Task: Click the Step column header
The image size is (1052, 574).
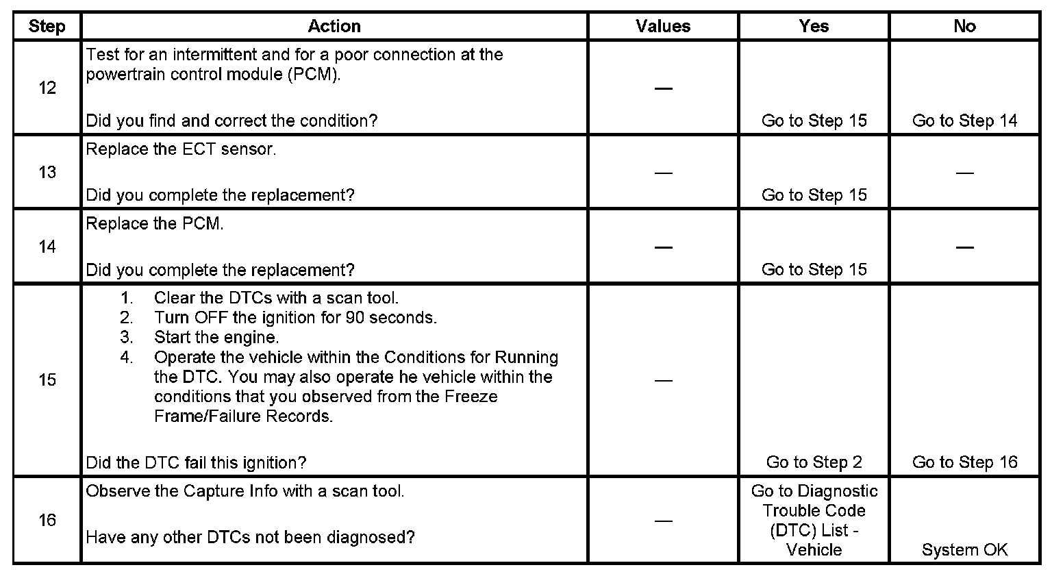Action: pyautogui.click(x=47, y=27)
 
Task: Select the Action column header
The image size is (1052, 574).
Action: pyautogui.click(x=334, y=27)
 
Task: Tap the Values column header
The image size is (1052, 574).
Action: pyautogui.click(x=663, y=27)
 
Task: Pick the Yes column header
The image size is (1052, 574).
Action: pyautogui.click(x=814, y=27)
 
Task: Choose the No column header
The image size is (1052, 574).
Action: pyautogui.click(x=964, y=27)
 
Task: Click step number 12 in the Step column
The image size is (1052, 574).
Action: pyautogui.click(x=47, y=88)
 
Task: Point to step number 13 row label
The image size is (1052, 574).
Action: pyautogui.click(x=47, y=172)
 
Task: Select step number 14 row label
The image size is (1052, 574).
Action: pyautogui.click(x=47, y=247)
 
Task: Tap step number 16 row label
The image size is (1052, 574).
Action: pyautogui.click(x=47, y=521)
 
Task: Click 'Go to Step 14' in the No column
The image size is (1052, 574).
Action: pyautogui.click(x=964, y=121)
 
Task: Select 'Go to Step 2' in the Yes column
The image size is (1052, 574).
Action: pyautogui.click(x=814, y=462)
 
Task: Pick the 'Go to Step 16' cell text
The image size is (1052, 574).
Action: pyautogui.click(x=964, y=462)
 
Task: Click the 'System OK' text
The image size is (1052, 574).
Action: pyautogui.click(x=964, y=550)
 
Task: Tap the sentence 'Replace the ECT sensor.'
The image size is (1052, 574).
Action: pyautogui.click(x=181, y=150)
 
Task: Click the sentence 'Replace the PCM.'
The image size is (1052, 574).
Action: pyautogui.click(x=155, y=224)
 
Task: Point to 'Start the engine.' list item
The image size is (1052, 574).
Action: pyautogui.click(x=216, y=338)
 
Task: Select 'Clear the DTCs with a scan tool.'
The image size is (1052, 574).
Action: pyautogui.click(x=276, y=298)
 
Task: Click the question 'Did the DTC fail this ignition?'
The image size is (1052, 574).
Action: pyautogui.click(x=196, y=462)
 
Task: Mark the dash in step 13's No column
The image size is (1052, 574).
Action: pyautogui.click(x=964, y=173)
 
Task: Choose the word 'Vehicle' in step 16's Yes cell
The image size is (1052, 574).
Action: pyautogui.click(x=814, y=550)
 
